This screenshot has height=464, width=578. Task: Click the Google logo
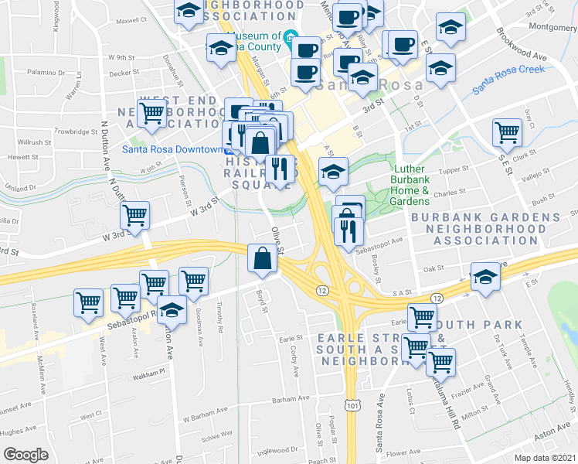25,455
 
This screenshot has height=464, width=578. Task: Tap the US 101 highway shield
352,404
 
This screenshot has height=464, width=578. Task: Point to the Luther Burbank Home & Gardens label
421,185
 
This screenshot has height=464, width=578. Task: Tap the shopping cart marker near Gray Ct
507,132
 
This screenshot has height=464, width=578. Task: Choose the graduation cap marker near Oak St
485,276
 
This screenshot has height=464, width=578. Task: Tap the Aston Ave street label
550,438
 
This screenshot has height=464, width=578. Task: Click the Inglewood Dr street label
277,450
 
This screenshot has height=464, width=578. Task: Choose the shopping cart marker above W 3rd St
134,216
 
